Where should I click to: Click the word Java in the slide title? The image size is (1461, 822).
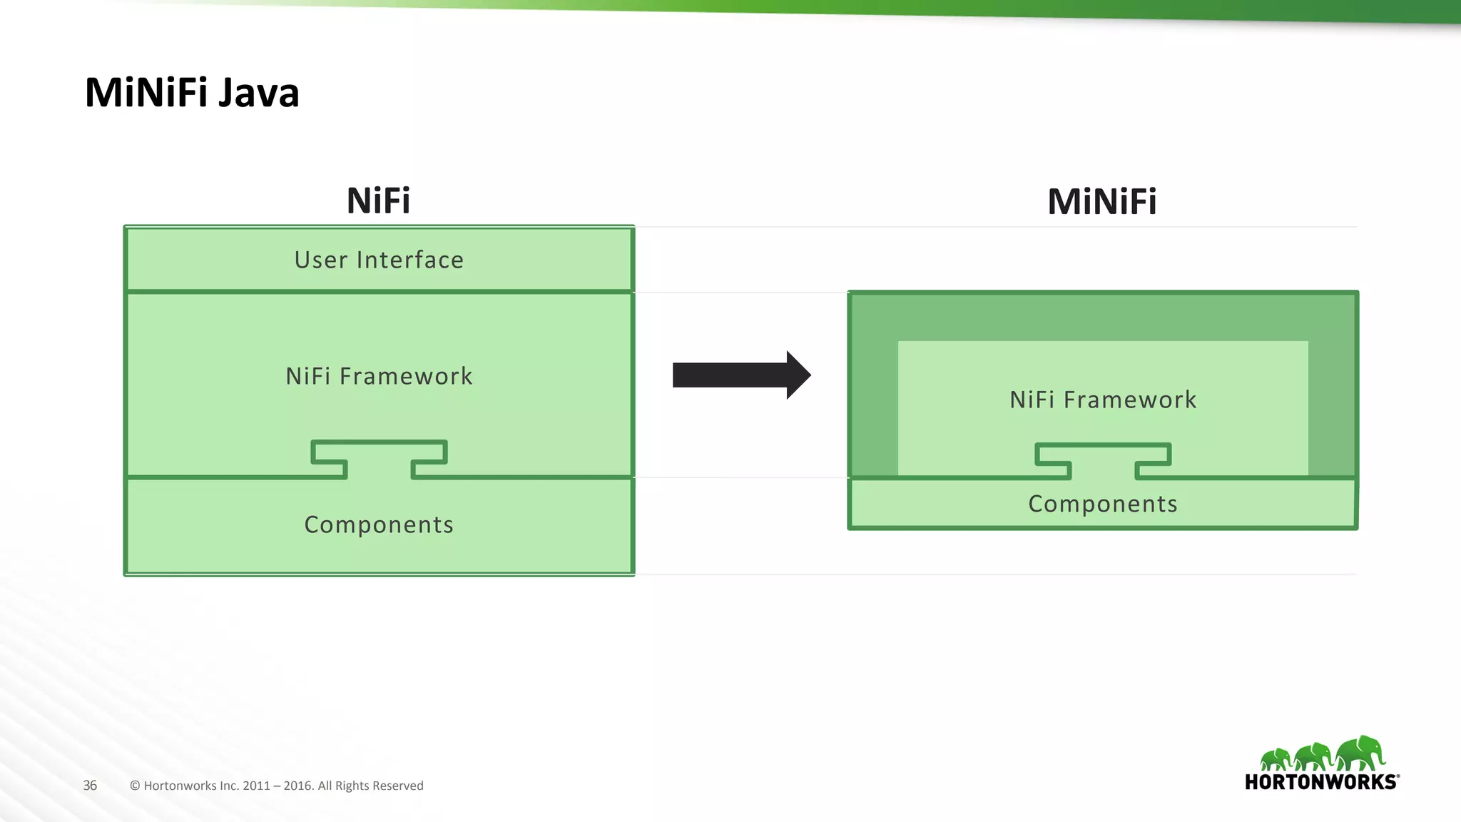(258, 93)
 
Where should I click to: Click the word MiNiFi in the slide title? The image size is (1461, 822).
(146, 93)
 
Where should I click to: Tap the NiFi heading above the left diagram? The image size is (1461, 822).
(378, 201)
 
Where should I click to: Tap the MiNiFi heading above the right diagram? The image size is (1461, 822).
(1101, 202)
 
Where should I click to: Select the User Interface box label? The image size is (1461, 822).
(379, 260)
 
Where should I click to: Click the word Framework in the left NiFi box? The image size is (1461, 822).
(406, 376)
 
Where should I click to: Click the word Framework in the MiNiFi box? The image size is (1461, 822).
(1130, 400)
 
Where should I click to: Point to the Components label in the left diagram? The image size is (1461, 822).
(379, 524)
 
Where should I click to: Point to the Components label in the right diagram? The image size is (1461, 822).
(1102, 504)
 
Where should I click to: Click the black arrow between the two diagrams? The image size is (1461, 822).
(735, 375)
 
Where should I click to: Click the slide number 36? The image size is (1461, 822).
(90, 786)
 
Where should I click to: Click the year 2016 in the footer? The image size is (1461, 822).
(298, 786)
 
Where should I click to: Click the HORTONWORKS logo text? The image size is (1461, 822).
(1320, 782)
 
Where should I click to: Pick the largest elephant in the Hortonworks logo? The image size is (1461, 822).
(1361, 753)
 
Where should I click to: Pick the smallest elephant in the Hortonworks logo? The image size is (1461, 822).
(1275, 758)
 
